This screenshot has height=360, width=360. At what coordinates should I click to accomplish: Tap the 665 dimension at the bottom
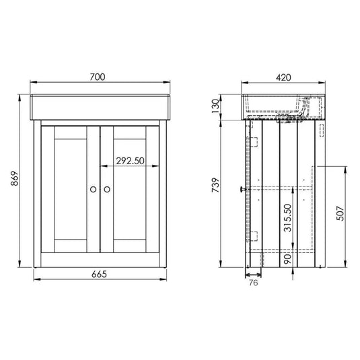click(100, 275)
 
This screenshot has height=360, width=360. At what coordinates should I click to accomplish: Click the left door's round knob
click(92, 190)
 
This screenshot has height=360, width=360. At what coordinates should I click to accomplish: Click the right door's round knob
click(108, 190)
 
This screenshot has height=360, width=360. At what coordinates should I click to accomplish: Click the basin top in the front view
click(100, 107)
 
